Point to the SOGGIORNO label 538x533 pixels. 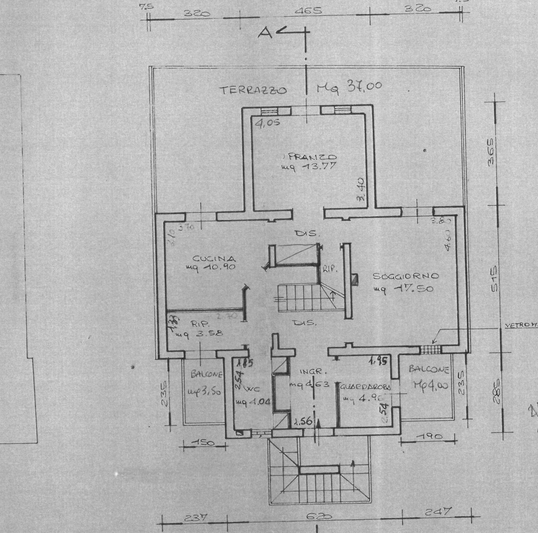(405, 276)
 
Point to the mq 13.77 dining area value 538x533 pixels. (308, 167)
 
